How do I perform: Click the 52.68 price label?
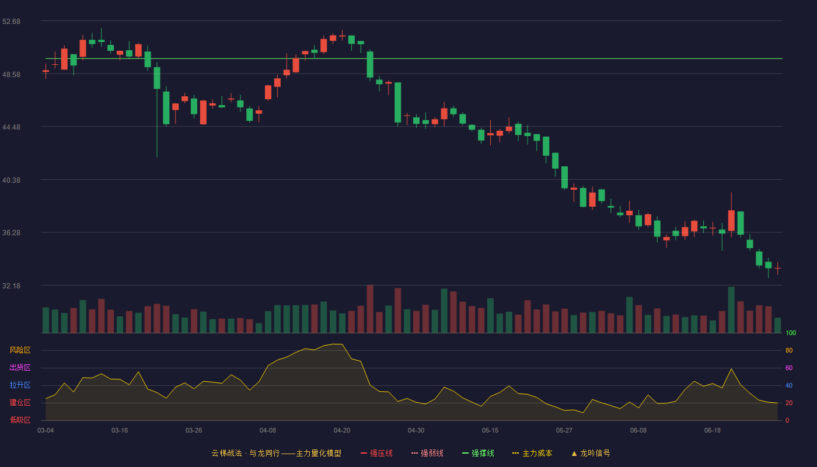point(11,22)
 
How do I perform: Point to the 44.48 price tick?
point(11,127)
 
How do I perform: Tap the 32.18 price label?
point(11,285)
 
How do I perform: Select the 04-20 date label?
point(342,431)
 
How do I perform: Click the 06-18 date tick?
point(713,431)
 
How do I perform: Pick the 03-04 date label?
point(46,431)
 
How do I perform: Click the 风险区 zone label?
point(20,350)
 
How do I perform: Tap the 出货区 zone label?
point(20,367)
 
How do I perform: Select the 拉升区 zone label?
point(20,385)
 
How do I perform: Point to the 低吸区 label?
point(20,420)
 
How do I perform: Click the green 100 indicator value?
point(791,333)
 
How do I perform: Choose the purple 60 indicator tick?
point(789,368)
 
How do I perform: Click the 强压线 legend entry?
point(376,453)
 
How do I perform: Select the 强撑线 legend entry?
point(478,453)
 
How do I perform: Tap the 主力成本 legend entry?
point(532,453)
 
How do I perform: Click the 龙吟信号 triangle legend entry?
point(591,453)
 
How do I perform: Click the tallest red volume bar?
point(370,309)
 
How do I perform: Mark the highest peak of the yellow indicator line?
point(337,344)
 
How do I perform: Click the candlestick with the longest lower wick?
point(157,110)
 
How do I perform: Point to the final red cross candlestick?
point(777,269)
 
